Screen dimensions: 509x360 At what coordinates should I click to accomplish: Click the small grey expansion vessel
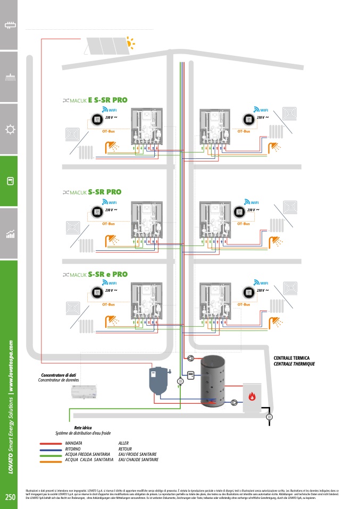click(158, 379)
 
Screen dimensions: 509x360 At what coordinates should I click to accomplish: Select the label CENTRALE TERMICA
click(291, 358)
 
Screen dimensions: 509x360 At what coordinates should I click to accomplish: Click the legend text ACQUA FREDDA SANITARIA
click(87, 454)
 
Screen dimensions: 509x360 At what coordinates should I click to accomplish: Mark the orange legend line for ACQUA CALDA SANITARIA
click(51, 460)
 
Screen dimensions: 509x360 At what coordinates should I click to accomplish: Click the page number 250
click(10, 497)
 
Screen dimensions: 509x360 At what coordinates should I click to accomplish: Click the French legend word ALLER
click(123, 443)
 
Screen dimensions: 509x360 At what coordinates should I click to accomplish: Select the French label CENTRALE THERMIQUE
click(294, 364)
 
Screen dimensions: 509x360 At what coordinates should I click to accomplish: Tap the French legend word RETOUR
click(125, 449)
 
